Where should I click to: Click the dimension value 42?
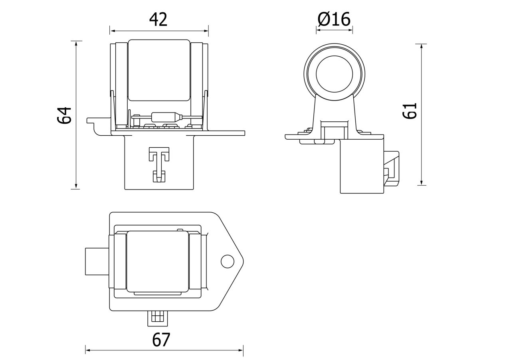click(x=158, y=20)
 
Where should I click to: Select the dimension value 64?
click(x=65, y=115)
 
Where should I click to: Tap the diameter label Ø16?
click(x=334, y=19)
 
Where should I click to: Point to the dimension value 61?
click(x=410, y=111)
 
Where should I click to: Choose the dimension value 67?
click(x=161, y=340)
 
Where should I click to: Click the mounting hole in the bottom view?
click(x=227, y=261)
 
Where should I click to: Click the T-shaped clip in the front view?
click(x=159, y=164)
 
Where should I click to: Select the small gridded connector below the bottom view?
click(x=158, y=318)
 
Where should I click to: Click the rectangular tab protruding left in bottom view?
click(x=97, y=261)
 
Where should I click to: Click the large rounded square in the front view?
click(x=158, y=70)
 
